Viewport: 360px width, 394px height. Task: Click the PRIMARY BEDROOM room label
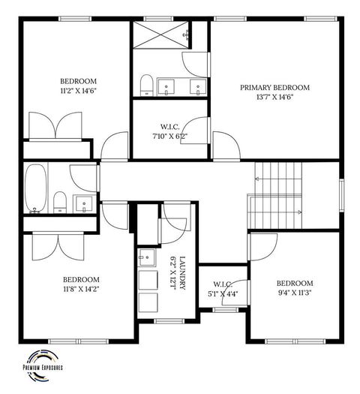pyautogui.click(x=274, y=88)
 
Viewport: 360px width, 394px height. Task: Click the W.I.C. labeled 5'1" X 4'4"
pyautogui.click(x=223, y=284)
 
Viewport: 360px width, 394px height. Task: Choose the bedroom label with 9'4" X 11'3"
pyautogui.click(x=293, y=283)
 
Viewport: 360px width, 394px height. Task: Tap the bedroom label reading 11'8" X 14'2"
pyautogui.click(x=80, y=279)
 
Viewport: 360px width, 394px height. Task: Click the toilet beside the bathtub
pyautogui.click(x=59, y=201)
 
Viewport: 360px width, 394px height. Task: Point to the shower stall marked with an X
pyautogui.click(x=158, y=35)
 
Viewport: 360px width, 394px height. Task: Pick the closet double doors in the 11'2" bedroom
pyautogui.click(x=55, y=125)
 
